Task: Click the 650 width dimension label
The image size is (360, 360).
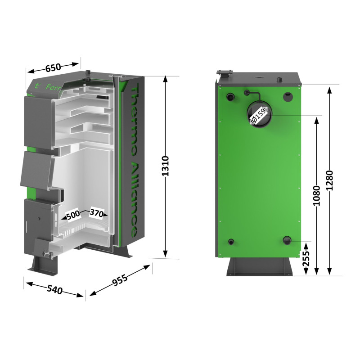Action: (53, 67)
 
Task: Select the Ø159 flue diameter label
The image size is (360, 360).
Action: (258, 115)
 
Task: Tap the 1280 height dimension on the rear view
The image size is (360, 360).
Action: (329, 180)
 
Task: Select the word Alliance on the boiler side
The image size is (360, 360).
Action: (135, 198)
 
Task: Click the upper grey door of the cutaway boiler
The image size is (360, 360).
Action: (38, 121)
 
